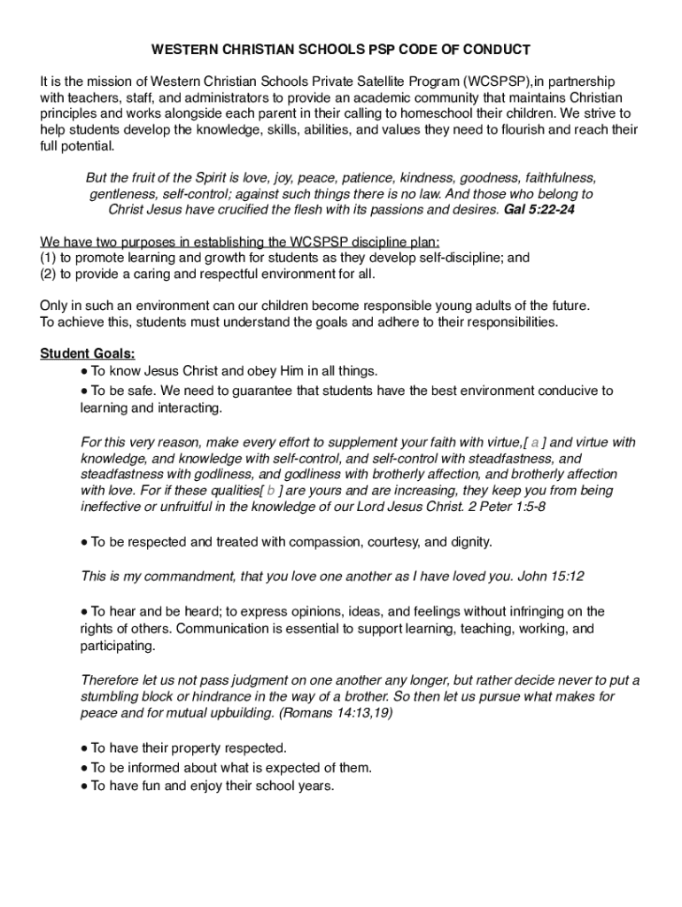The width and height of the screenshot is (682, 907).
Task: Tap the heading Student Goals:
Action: [x=88, y=353]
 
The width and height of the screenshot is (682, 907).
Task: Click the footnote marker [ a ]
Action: [x=535, y=442]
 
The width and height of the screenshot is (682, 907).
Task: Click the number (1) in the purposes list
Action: [x=48, y=258]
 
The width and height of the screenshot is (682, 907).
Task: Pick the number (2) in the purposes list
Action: [x=48, y=274]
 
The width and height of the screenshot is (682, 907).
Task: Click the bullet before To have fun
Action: [x=83, y=785]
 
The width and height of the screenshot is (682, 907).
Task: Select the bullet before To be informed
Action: [x=83, y=768]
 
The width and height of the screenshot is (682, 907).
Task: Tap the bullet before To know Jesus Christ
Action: [x=83, y=370]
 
